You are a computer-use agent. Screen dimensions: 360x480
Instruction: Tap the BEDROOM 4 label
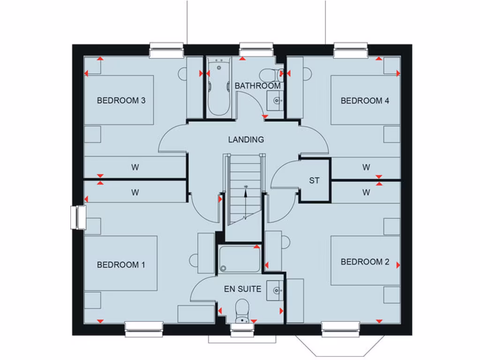coord(365,100)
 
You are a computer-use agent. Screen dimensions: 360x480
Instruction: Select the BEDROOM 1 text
coord(121,265)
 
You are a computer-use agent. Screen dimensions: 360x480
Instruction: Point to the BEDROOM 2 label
coord(365,262)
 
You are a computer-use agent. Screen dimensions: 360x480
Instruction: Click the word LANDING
coord(246,139)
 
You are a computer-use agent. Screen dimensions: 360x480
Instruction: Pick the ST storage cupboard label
coord(314,180)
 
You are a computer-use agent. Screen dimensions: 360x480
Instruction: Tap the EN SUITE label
coord(242,289)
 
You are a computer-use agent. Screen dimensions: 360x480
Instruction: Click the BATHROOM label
coord(257,86)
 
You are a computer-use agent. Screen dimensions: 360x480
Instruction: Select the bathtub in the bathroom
coord(219,87)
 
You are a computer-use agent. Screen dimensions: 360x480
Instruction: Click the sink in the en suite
coord(275,291)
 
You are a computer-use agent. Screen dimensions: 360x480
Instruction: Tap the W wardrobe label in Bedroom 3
coord(135,166)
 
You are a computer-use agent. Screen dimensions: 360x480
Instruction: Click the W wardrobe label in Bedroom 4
coord(366,166)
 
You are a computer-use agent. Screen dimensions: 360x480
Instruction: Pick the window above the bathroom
coord(256,49)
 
